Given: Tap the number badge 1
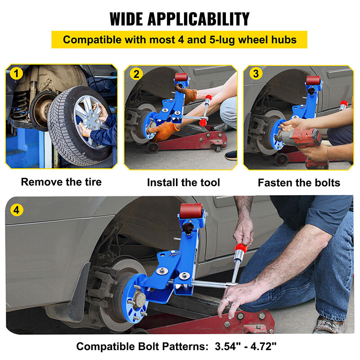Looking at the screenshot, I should click(x=17, y=73).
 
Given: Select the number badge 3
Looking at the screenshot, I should click(x=255, y=73).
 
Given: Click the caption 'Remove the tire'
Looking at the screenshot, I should click(x=61, y=182).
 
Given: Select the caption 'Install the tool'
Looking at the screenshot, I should click(x=183, y=182).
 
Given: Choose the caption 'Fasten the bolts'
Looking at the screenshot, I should click(x=299, y=183).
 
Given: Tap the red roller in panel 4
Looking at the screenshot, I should click(x=190, y=211).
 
